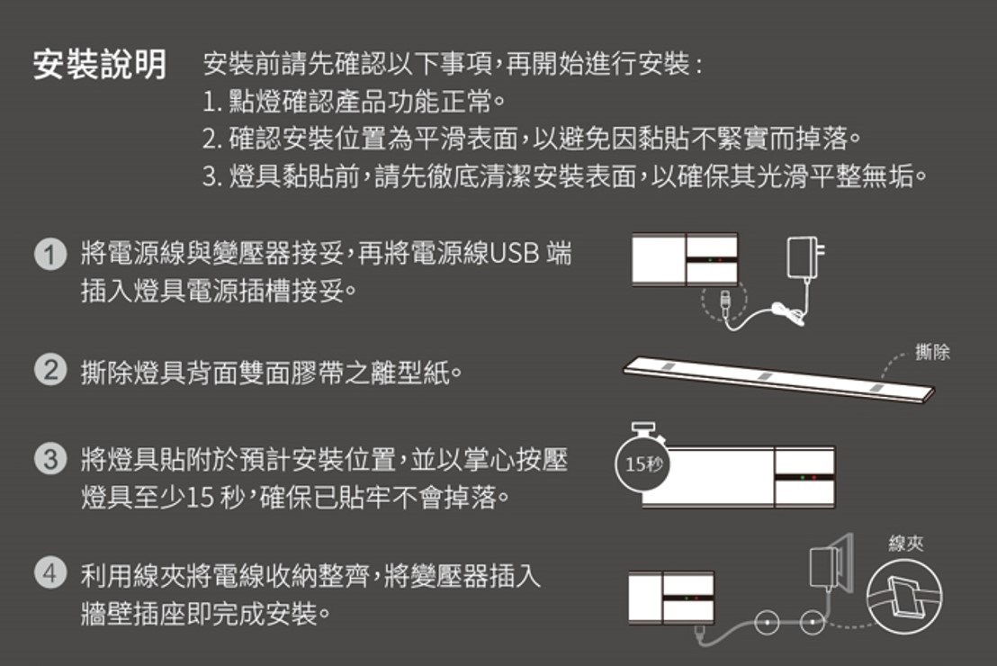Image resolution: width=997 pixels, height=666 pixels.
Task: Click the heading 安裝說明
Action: (100, 64)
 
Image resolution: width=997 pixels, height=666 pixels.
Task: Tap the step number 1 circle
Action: (50, 255)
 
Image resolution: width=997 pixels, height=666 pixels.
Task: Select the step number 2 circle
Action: (50, 370)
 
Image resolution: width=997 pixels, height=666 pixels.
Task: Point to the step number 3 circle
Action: (50, 459)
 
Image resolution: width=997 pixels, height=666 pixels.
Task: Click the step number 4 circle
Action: (50, 573)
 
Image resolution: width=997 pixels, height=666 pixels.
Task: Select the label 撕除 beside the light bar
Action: (932, 352)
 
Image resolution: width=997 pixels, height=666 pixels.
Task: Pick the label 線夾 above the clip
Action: (906, 544)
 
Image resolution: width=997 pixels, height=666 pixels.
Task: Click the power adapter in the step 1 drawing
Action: (804, 258)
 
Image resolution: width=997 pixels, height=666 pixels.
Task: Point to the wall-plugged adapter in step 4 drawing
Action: (831, 563)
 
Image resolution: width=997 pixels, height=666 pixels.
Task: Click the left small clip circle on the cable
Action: (767, 622)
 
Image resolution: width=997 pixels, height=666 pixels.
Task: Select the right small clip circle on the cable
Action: (812, 622)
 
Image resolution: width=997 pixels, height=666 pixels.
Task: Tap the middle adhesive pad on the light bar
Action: (764, 376)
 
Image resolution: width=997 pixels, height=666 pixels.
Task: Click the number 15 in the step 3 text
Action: (201, 498)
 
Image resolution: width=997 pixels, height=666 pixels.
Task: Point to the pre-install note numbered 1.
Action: (355, 101)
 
